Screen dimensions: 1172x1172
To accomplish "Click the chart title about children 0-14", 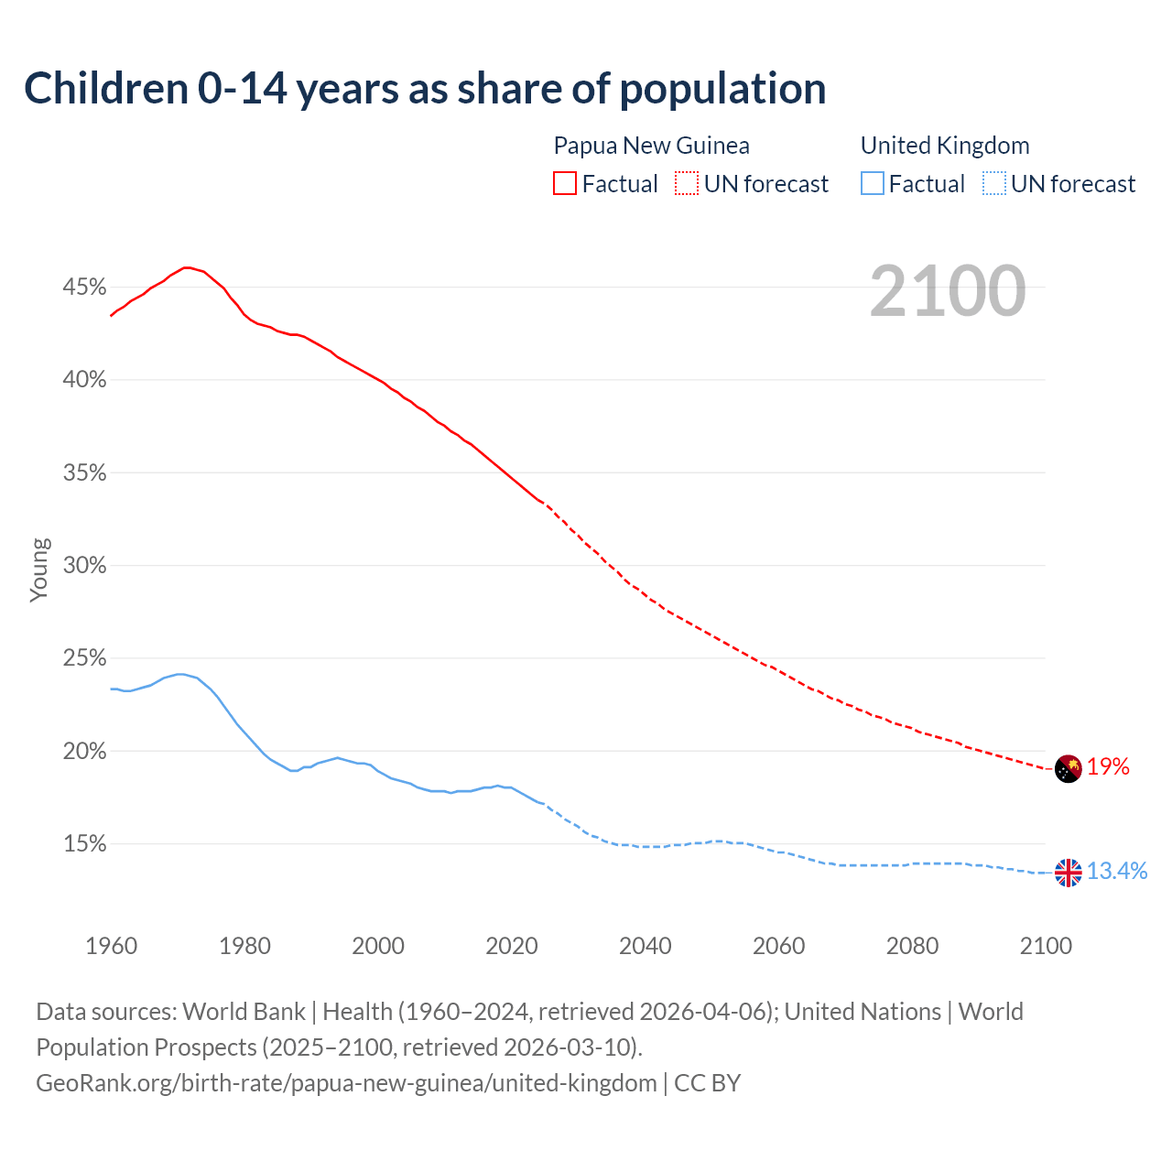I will pos(425,89).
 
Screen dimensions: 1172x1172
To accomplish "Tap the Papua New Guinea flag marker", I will pos(1069,768).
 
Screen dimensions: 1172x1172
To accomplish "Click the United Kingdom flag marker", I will pos(1069,873).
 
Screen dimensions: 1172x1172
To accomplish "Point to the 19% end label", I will pos(1108,767).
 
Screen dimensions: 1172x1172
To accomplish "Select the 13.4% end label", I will pos(1117,871).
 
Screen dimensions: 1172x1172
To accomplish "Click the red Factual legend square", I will pos(565,184).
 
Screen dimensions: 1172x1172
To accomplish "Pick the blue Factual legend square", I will pos(873,184).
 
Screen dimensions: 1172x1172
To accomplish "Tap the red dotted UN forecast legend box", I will pos(687,184).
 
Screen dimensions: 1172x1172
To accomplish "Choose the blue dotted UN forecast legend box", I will pos(993,184).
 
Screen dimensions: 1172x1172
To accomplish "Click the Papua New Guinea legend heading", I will pos(651,146).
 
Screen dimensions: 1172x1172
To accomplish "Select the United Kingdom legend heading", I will pos(945,146).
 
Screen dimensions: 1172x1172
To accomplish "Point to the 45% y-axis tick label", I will pos(84,288).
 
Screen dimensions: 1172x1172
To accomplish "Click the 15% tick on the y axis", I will pos(84,844).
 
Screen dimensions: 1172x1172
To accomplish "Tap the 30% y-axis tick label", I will pos(84,566).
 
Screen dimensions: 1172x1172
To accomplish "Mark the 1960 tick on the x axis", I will pos(111,946).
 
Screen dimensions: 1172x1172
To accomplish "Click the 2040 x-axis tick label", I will pos(646,946).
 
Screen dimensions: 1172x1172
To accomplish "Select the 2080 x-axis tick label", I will pos(912,946).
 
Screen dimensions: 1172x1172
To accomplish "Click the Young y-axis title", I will pos(38,570).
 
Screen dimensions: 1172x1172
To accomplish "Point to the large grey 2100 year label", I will pos(948,291).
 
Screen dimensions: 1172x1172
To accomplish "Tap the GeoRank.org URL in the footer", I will pos(346,1083).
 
